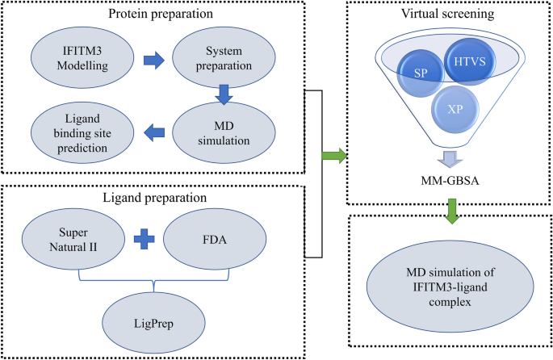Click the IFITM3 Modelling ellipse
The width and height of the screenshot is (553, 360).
(x=80, y=58)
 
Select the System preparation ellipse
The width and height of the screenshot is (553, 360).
(x=220, y=58)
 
